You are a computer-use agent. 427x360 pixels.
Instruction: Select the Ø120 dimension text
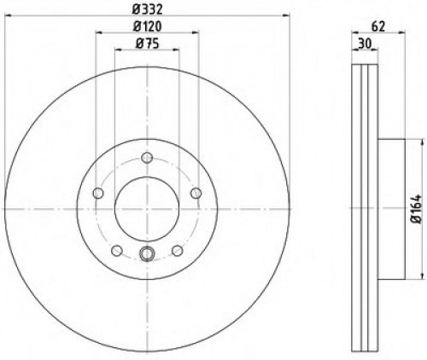[x=147, y=26]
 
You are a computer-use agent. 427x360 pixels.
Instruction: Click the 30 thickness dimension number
[x=366, y=43]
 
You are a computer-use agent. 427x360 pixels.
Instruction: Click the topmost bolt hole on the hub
[x=147, y=158]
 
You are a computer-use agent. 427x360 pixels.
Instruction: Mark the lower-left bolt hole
[x=117, y=250]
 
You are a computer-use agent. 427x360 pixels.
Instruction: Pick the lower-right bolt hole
[x=177, y=250]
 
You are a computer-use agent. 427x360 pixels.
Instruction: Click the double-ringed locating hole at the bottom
[x=147, y=253]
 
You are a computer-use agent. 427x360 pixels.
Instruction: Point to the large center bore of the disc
[x=147, y=209]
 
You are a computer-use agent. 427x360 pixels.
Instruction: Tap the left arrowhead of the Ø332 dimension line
[x=6, y=18]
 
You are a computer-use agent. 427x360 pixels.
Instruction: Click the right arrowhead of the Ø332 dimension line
[x=288, y=18]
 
